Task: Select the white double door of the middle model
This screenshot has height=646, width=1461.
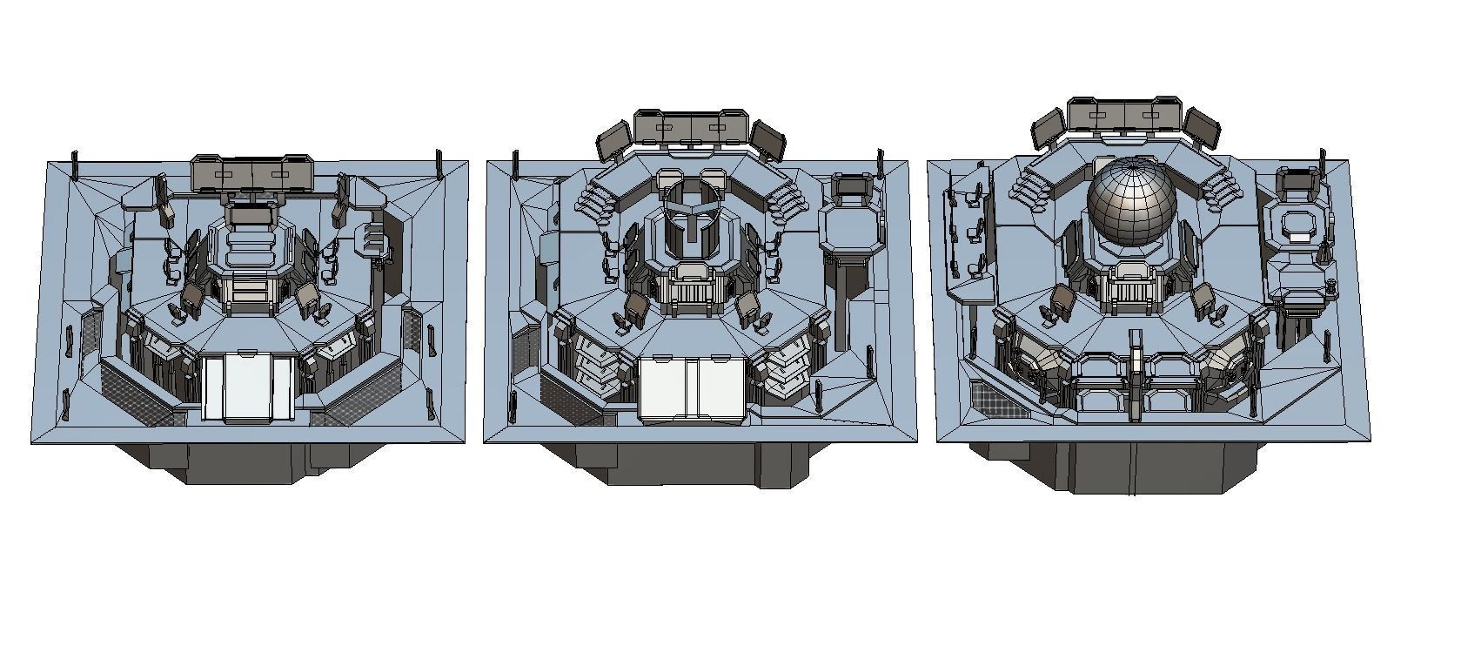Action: point(693,389)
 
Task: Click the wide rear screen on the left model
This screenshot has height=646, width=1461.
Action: point(252,173)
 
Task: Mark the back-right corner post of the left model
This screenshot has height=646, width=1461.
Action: point(439,162)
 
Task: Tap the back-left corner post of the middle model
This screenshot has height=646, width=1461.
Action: point(516,163)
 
